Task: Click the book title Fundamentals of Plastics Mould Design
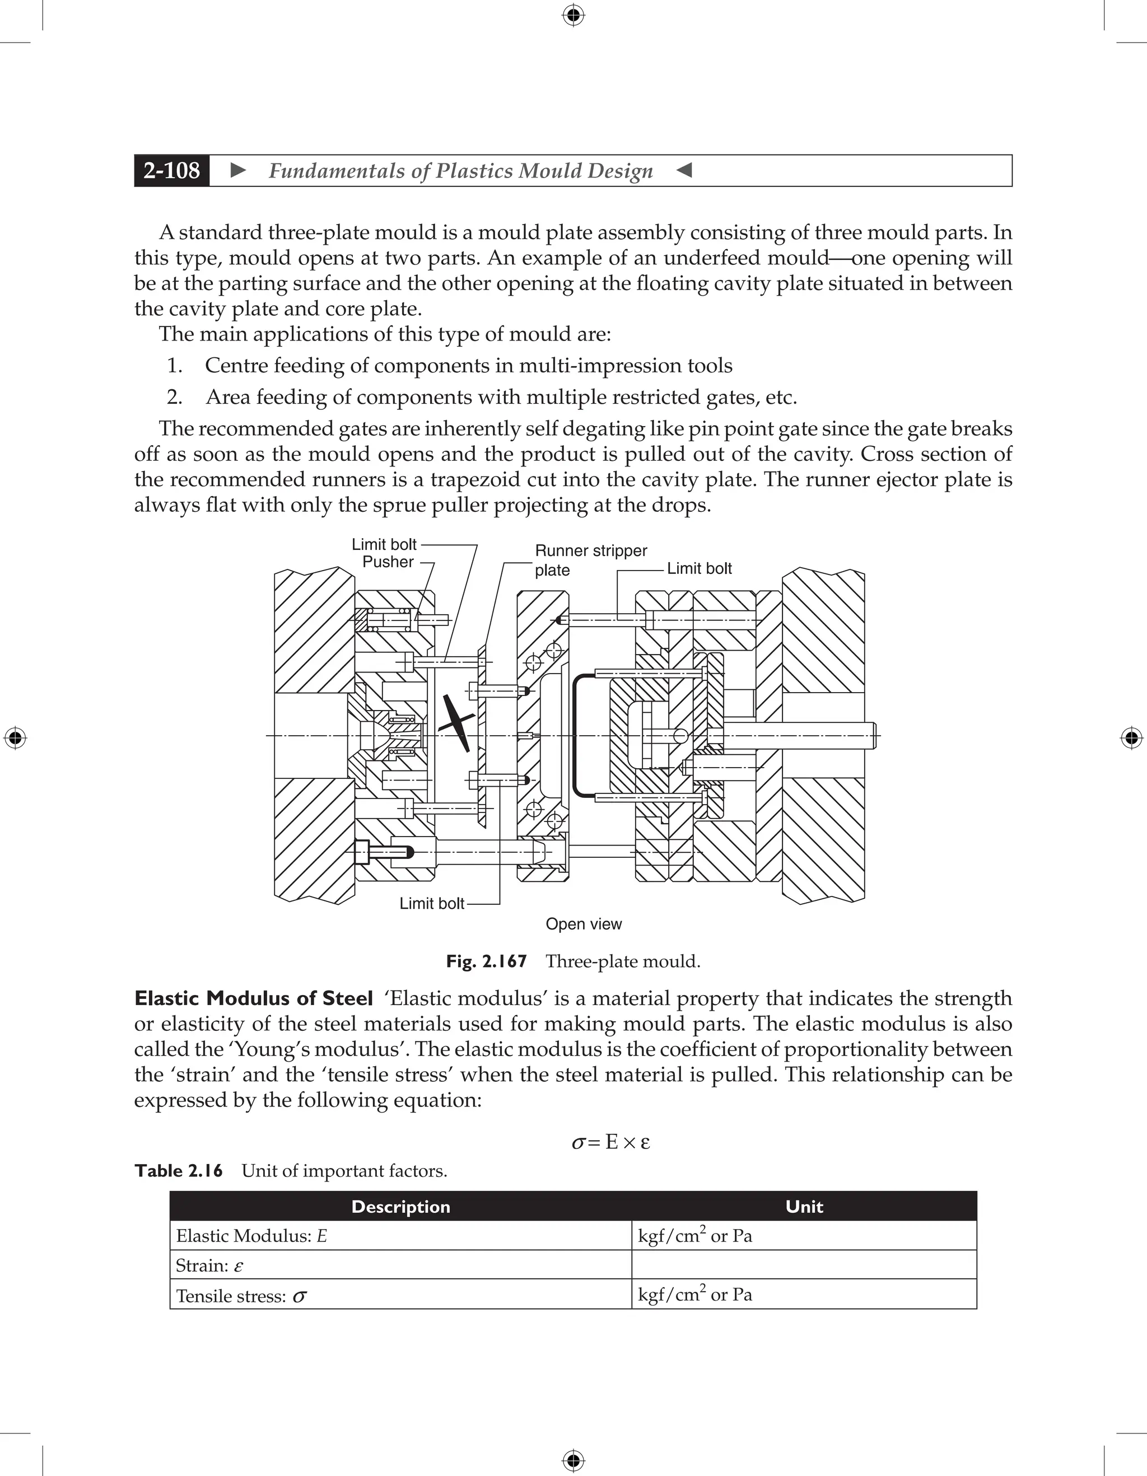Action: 460,171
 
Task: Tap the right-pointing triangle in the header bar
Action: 238,170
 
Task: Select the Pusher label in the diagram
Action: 388,562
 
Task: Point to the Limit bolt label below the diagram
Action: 431,904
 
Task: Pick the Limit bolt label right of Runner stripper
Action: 699,568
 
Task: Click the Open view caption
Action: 583,924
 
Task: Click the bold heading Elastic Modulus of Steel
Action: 254,998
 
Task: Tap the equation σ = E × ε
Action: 610,1142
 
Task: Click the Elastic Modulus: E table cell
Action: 251,1236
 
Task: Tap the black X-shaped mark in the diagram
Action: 455,723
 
